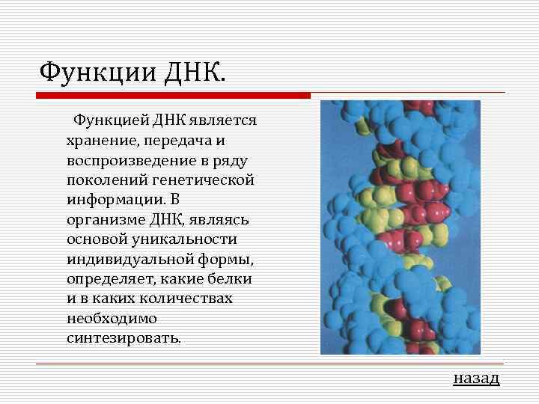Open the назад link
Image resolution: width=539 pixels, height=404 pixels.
click(476, 378)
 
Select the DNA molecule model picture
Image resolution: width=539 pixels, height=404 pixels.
click(400, 227)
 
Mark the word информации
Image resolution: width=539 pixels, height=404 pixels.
click(108, 200)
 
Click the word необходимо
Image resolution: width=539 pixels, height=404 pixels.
click(112, 318)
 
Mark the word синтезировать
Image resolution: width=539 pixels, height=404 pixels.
click(124, 337)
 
